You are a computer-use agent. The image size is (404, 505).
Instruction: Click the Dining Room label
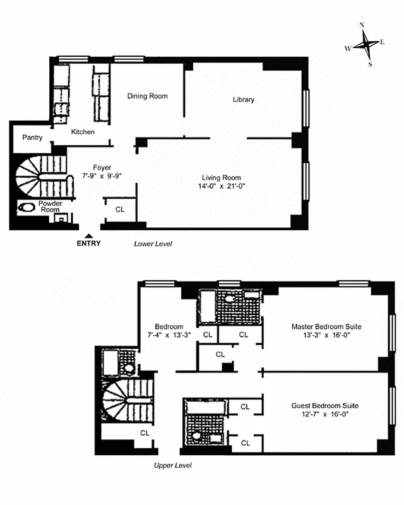pyautogui.click(x=147, y=96)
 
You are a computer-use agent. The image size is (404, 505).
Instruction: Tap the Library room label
pyautogui.click(x=243, y=100)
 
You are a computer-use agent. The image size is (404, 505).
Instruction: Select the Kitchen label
pyautogui.click(x=83, y=132)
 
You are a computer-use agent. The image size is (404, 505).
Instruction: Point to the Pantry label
pyautogui.click(x=32, y=137)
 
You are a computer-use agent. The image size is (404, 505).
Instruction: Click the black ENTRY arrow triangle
pyautogui.click(x=89, y=235)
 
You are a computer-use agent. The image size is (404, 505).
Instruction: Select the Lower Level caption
pyautogui.click(x=153, y=243)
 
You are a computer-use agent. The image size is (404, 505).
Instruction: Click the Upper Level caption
pyautogui.click(x=172, y=465)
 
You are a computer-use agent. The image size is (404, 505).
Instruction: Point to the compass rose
pyautogui.click(x=365, y=44)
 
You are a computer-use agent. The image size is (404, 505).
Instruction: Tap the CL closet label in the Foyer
pyautogui.click(x=120, y=209)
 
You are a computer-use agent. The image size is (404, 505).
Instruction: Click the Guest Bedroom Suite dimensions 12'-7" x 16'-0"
pyautogui.click(x=326, y=414)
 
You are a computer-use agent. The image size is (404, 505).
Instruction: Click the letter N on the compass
pyautogui.click(x=362, y=25)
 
